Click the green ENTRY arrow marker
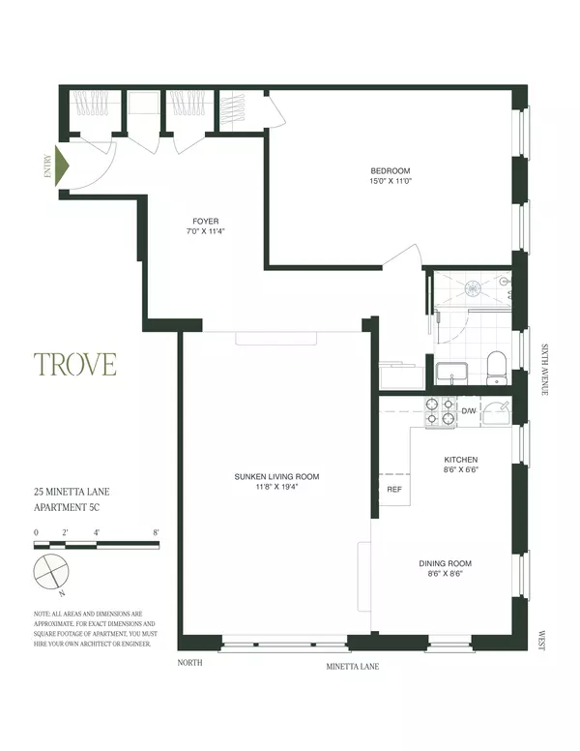pyautogui.click(x=63, y=166)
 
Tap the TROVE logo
pyautogui.click(x=75, y=365)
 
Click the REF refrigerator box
pyautogui.click(x=393, y=490)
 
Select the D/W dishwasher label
pyautogui.click(x=469, y=411)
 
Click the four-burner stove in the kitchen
pyautogui.click(x=441, y=412)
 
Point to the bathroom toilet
pyautogui.click(x=497, y=367)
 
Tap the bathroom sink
pyautogui.click(x=451, y=372)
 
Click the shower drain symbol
pyautogui.click(x=474, y=286)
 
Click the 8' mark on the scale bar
pyautogui.click(x=156, y=532)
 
